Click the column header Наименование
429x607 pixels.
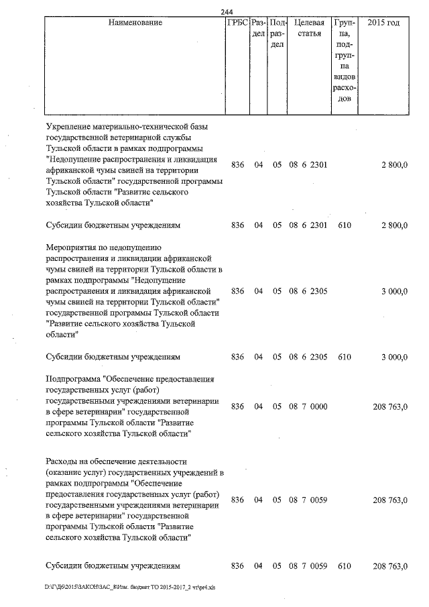point(134,23)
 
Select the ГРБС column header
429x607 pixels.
point(237,23)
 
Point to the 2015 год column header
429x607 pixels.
point(384,23)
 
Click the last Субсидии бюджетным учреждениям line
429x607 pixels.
point(113,566)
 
